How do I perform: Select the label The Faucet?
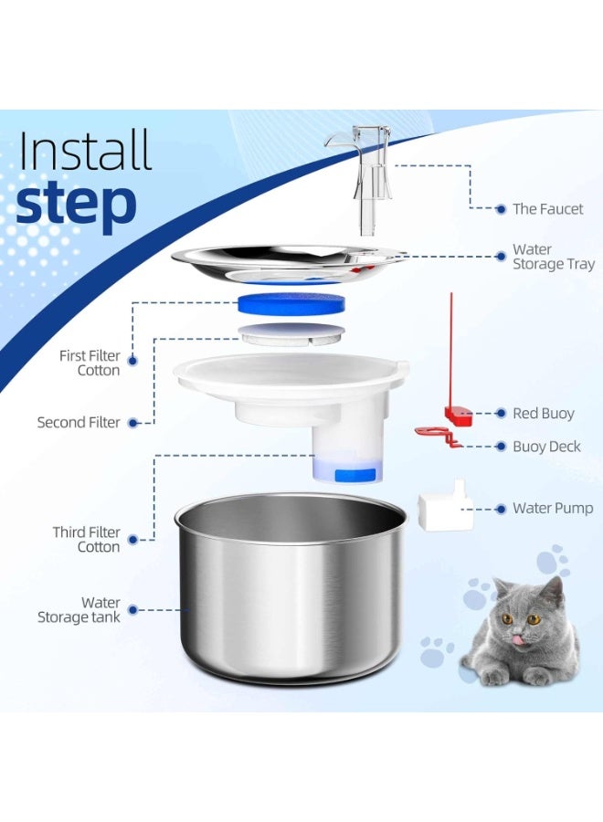547,209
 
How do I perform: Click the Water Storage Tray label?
553,257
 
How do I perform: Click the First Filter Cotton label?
90,363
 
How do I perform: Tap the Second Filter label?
79,423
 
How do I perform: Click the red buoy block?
457,416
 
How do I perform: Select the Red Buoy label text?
544,414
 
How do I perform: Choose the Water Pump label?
553,509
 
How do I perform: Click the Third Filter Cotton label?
86,539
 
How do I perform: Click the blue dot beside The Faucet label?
501,209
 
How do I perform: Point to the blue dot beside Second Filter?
132,423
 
